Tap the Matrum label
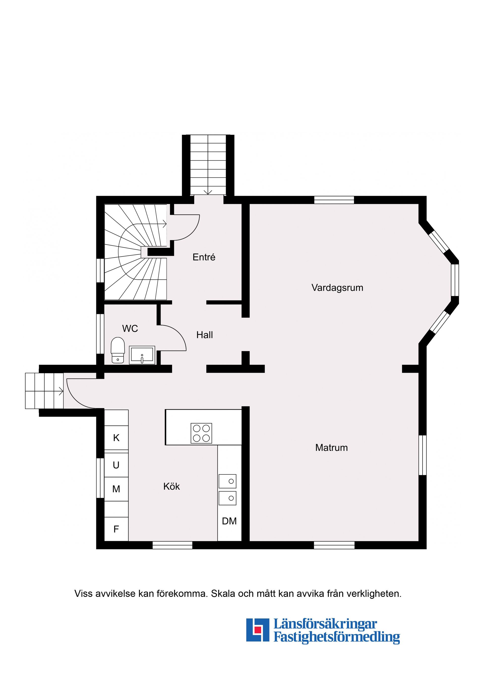click(331, 448)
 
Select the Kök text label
click(171, 487)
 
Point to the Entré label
click(204, 257)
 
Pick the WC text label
click(130, 329)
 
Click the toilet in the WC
click(117, 350)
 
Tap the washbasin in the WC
click(142, 355)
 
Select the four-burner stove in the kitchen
click(201, 433)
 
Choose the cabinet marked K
click(116, 438)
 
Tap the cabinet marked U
click(116, 465)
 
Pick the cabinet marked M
click(116, 489)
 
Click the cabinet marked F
click(116, 529)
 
